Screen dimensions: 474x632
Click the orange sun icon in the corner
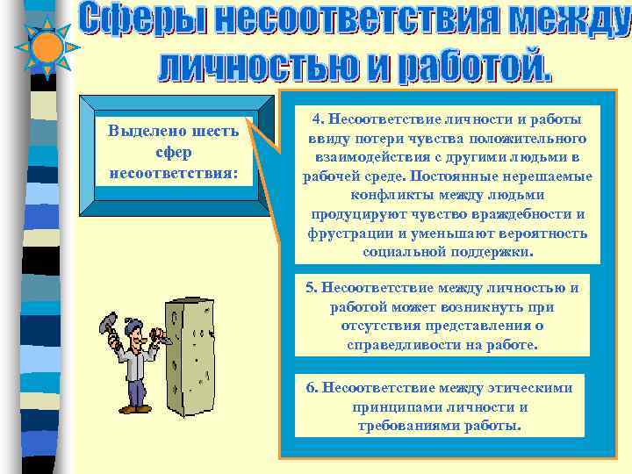(x=45, y=45)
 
